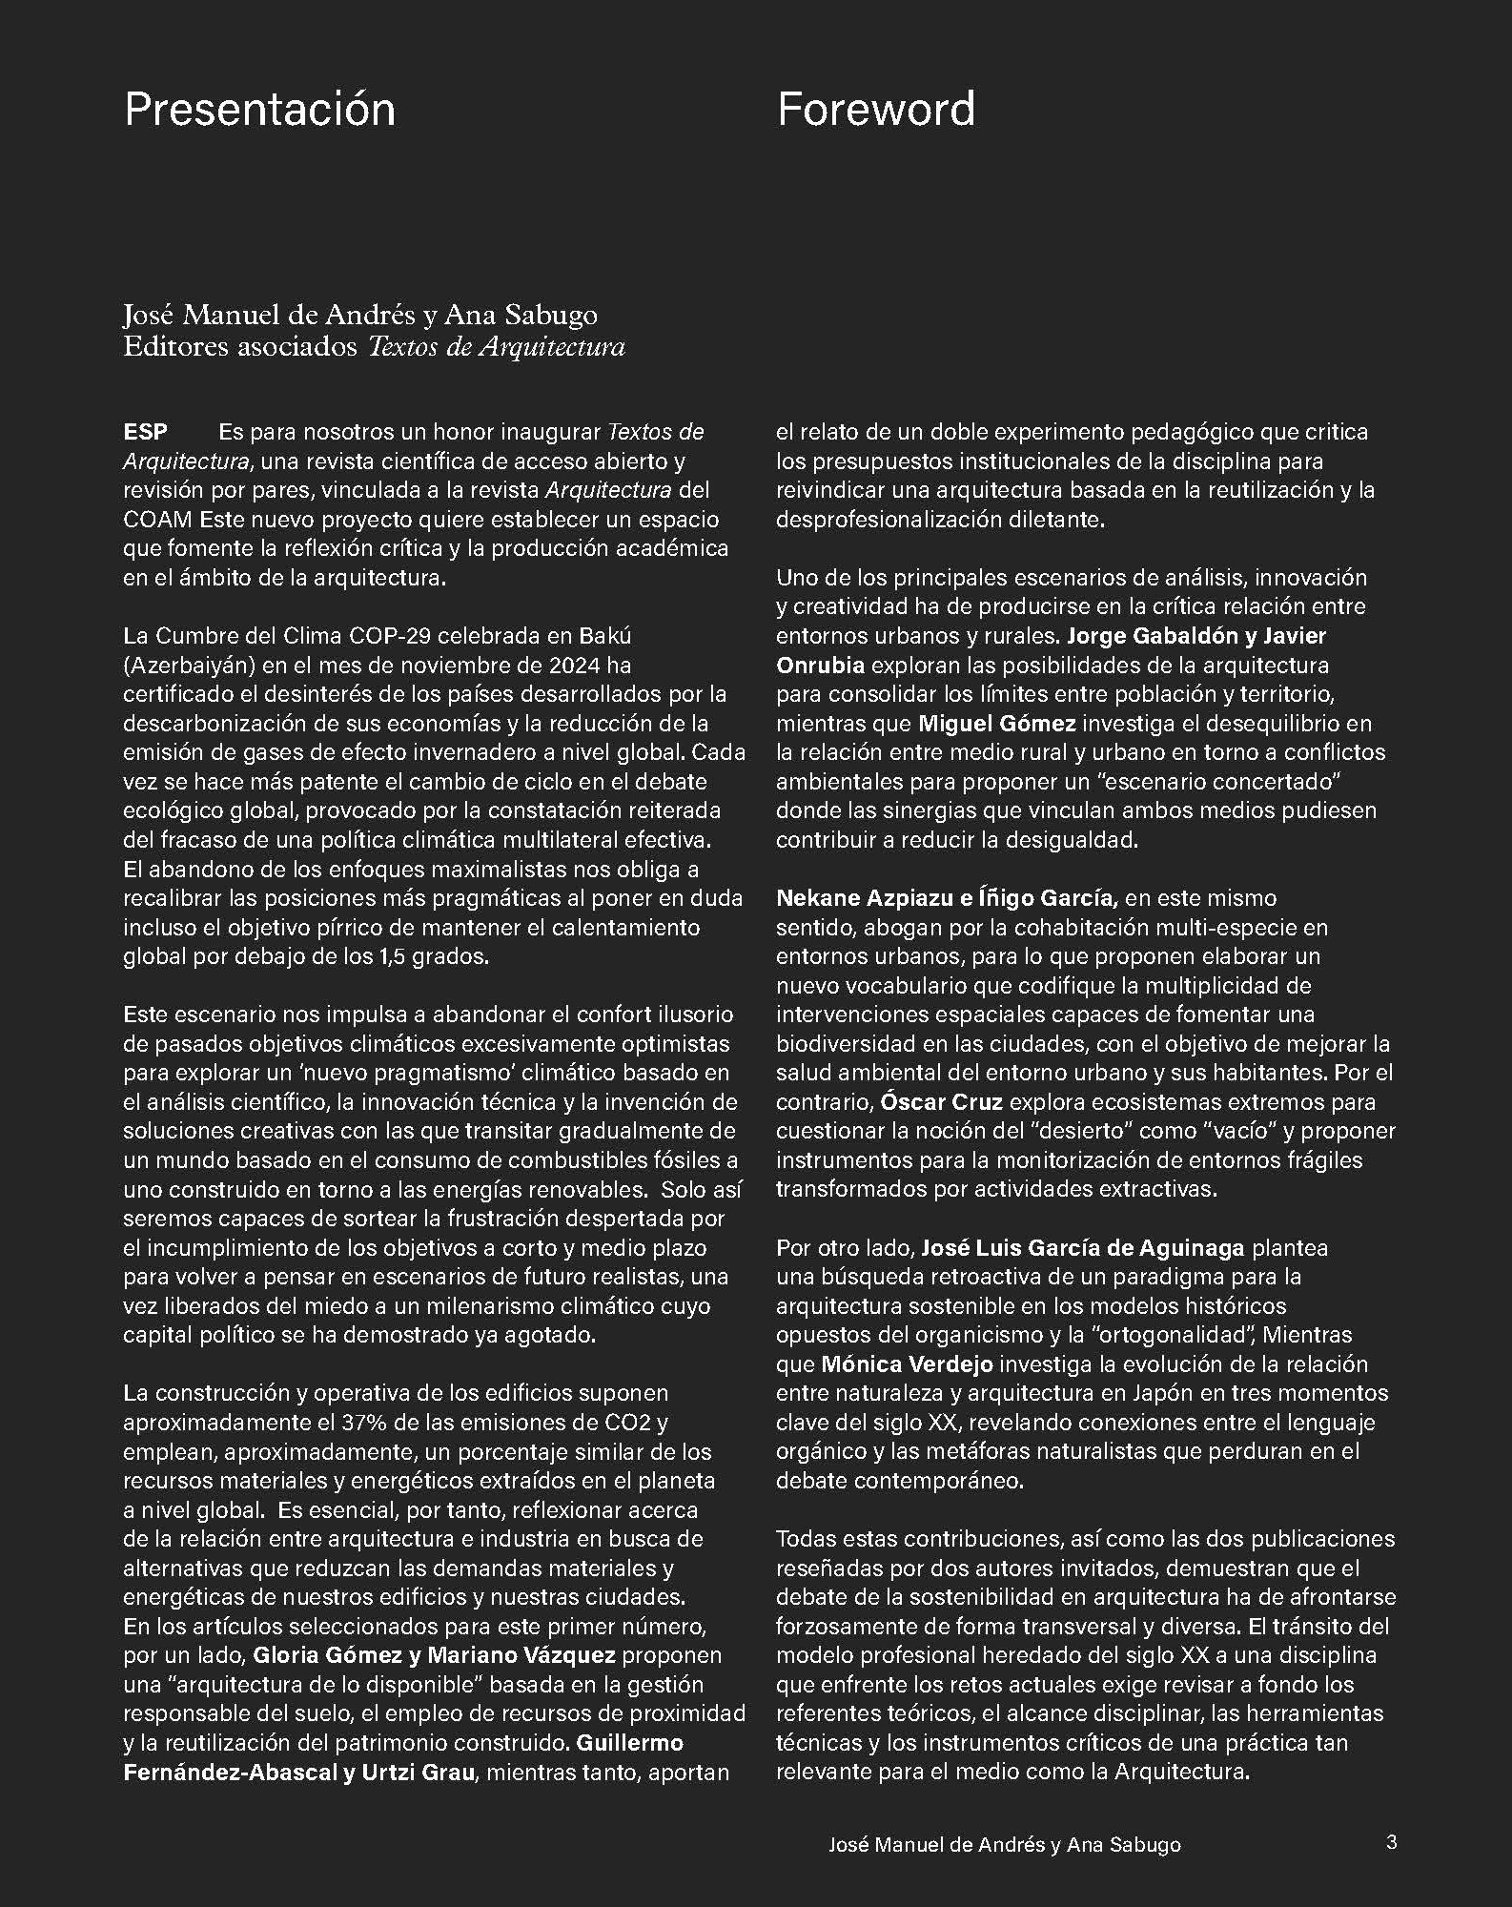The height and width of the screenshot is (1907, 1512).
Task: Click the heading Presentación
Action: pyautogui.click(x=259, y=110)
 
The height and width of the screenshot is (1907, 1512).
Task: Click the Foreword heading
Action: pyautogui.click(x=876, y=110)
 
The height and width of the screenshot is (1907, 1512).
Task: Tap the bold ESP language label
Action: pyautogui.click(x=145, y=432)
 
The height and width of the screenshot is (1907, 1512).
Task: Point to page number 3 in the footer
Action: pyautogui.click(x=1391, y=1842)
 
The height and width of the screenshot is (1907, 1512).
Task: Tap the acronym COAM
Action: pyautogui.click(x=157, y=520)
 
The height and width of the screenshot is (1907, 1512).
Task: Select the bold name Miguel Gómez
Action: pyautogui.click(x=996, y=724)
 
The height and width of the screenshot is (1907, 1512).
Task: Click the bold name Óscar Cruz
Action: pyautogui.click(x=941, y=1102)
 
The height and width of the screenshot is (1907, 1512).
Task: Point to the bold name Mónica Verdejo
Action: pyautogui.click(x=907, y=1364)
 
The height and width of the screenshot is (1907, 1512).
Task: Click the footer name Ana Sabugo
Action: pyautogui.click(x=1124, y=1844)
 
